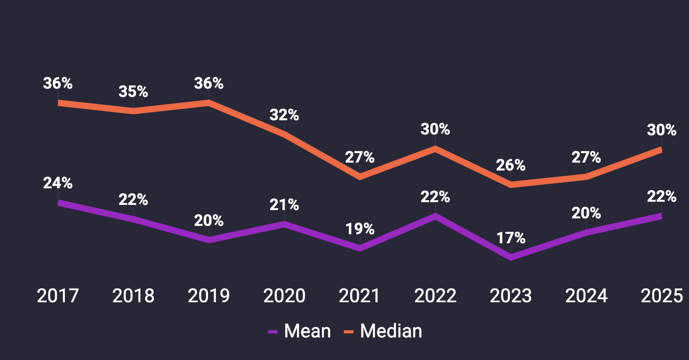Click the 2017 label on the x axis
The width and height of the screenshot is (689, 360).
coord(58,296)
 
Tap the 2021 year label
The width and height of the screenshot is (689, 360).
coord(360,296)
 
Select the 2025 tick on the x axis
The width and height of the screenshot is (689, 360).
coord(662,296)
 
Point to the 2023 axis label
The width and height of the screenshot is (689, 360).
coord(511,296)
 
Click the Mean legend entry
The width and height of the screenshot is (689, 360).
coord(300,331)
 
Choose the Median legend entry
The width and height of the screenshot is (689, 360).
coord(383,331)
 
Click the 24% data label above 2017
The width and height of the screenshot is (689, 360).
coord(58,183)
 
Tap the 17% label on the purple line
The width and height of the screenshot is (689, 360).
coord(511,238)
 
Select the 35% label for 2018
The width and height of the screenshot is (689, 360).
coord(133,92)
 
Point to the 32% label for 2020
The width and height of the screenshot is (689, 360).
coord(284,115)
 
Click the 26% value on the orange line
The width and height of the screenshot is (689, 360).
coord(511,165)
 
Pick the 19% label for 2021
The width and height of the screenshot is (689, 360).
coord(360,229)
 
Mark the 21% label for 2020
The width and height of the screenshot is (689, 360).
coord(284,205)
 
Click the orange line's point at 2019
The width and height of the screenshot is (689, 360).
coord(209,103)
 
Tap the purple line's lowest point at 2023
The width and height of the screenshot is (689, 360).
coord(511,258)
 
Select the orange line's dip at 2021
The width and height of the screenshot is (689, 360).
coord(360,177)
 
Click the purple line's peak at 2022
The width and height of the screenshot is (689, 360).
coord(435,216)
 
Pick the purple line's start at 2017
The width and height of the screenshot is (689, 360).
coord(59,203)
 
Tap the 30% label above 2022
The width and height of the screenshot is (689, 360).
coord(435,129)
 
